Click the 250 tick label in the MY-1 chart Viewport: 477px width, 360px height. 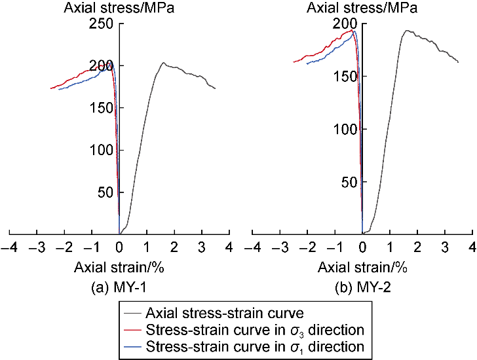pos(103,24)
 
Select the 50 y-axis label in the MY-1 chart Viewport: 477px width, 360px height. pos(106,192)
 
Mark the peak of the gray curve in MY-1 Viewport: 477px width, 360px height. pos(162,63)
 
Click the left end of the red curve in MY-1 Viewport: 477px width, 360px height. pos(50,88)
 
